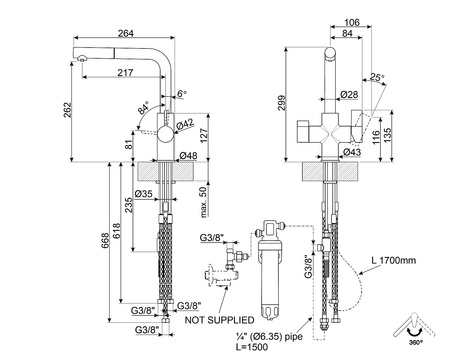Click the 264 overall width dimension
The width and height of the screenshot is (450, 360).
tap(126, 33)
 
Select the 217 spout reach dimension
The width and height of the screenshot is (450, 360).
tap(125, 72)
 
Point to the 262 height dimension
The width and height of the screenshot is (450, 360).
tap(67, 110)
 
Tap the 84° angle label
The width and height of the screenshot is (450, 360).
tap(144, 108)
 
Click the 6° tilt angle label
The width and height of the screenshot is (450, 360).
tap(182, 94)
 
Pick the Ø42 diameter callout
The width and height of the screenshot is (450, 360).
tap(185, 125)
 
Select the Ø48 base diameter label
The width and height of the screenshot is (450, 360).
tap(188, 156)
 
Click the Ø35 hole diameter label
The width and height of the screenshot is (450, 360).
tap(144, 193)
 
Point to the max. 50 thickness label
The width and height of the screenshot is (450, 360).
tap(203, 202)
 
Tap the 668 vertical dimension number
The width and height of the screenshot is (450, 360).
tap(105, 241)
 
